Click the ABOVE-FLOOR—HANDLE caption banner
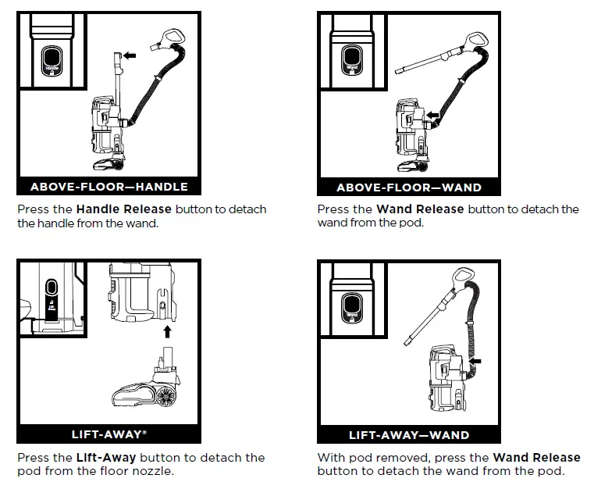108,187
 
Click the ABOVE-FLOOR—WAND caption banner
408,187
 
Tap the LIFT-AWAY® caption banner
108,434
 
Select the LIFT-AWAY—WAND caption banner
408,434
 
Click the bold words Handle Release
123,209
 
